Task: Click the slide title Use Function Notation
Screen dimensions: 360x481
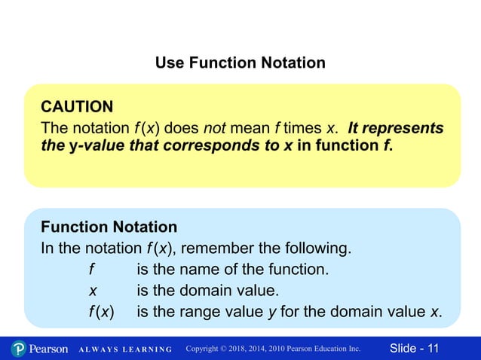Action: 240,63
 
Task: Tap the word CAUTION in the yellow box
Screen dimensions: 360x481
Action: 77,106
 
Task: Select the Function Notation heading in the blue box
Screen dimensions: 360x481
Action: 109,227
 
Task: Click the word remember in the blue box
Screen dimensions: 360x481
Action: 219,248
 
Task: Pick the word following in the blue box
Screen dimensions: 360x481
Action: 320,248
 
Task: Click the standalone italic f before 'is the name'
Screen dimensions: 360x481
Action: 91,269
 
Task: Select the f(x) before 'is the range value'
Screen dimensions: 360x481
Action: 100,312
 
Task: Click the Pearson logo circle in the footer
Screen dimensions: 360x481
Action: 19,349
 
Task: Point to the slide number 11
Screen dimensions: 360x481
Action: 433,348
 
